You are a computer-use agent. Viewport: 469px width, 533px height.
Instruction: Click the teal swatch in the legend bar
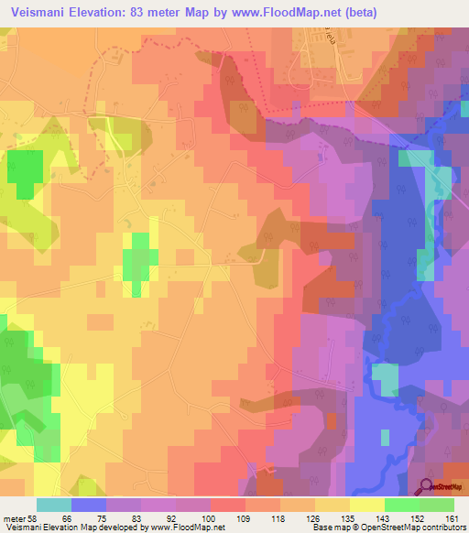[x=54, y=505]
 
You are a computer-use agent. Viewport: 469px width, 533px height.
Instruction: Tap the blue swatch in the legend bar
[x=89, y=505]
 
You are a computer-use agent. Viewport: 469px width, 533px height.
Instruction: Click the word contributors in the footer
[x=442, y=528]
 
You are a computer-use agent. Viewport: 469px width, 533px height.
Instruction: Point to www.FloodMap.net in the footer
[x=189, y=528]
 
